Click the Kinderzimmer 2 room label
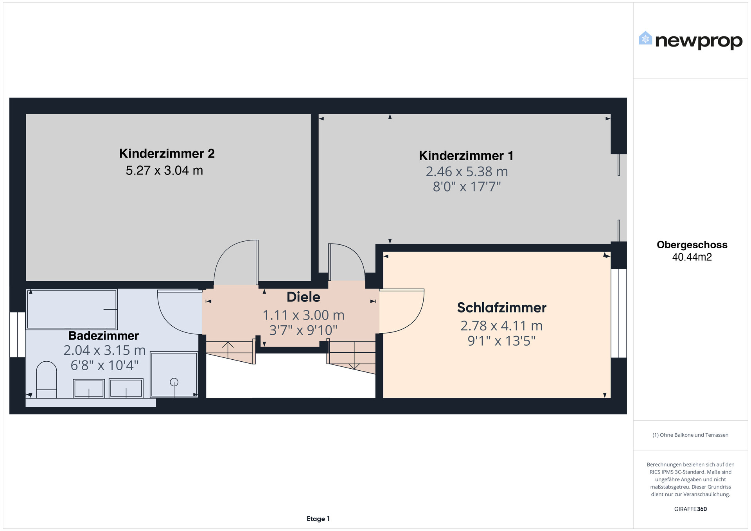tap(167, 154)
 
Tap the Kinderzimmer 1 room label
tap(466, 156)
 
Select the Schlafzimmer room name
tap(502, 308)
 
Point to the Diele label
tap(304, 297)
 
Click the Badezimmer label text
tap(104, 335)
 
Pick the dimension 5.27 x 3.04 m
tap(164, 170)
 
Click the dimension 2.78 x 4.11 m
tap(501, 326)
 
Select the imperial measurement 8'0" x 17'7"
tap(467, 187)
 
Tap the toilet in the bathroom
tap(47, 380)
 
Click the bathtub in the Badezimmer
tap(72, 309)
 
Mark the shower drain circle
tap(174, 382)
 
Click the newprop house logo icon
tap(645, 38)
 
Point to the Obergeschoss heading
tap(692, 245)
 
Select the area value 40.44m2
tap(692, 257)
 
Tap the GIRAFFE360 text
tap(690, 509)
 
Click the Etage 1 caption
tap(318, 519)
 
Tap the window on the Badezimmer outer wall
tap(17, 335)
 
